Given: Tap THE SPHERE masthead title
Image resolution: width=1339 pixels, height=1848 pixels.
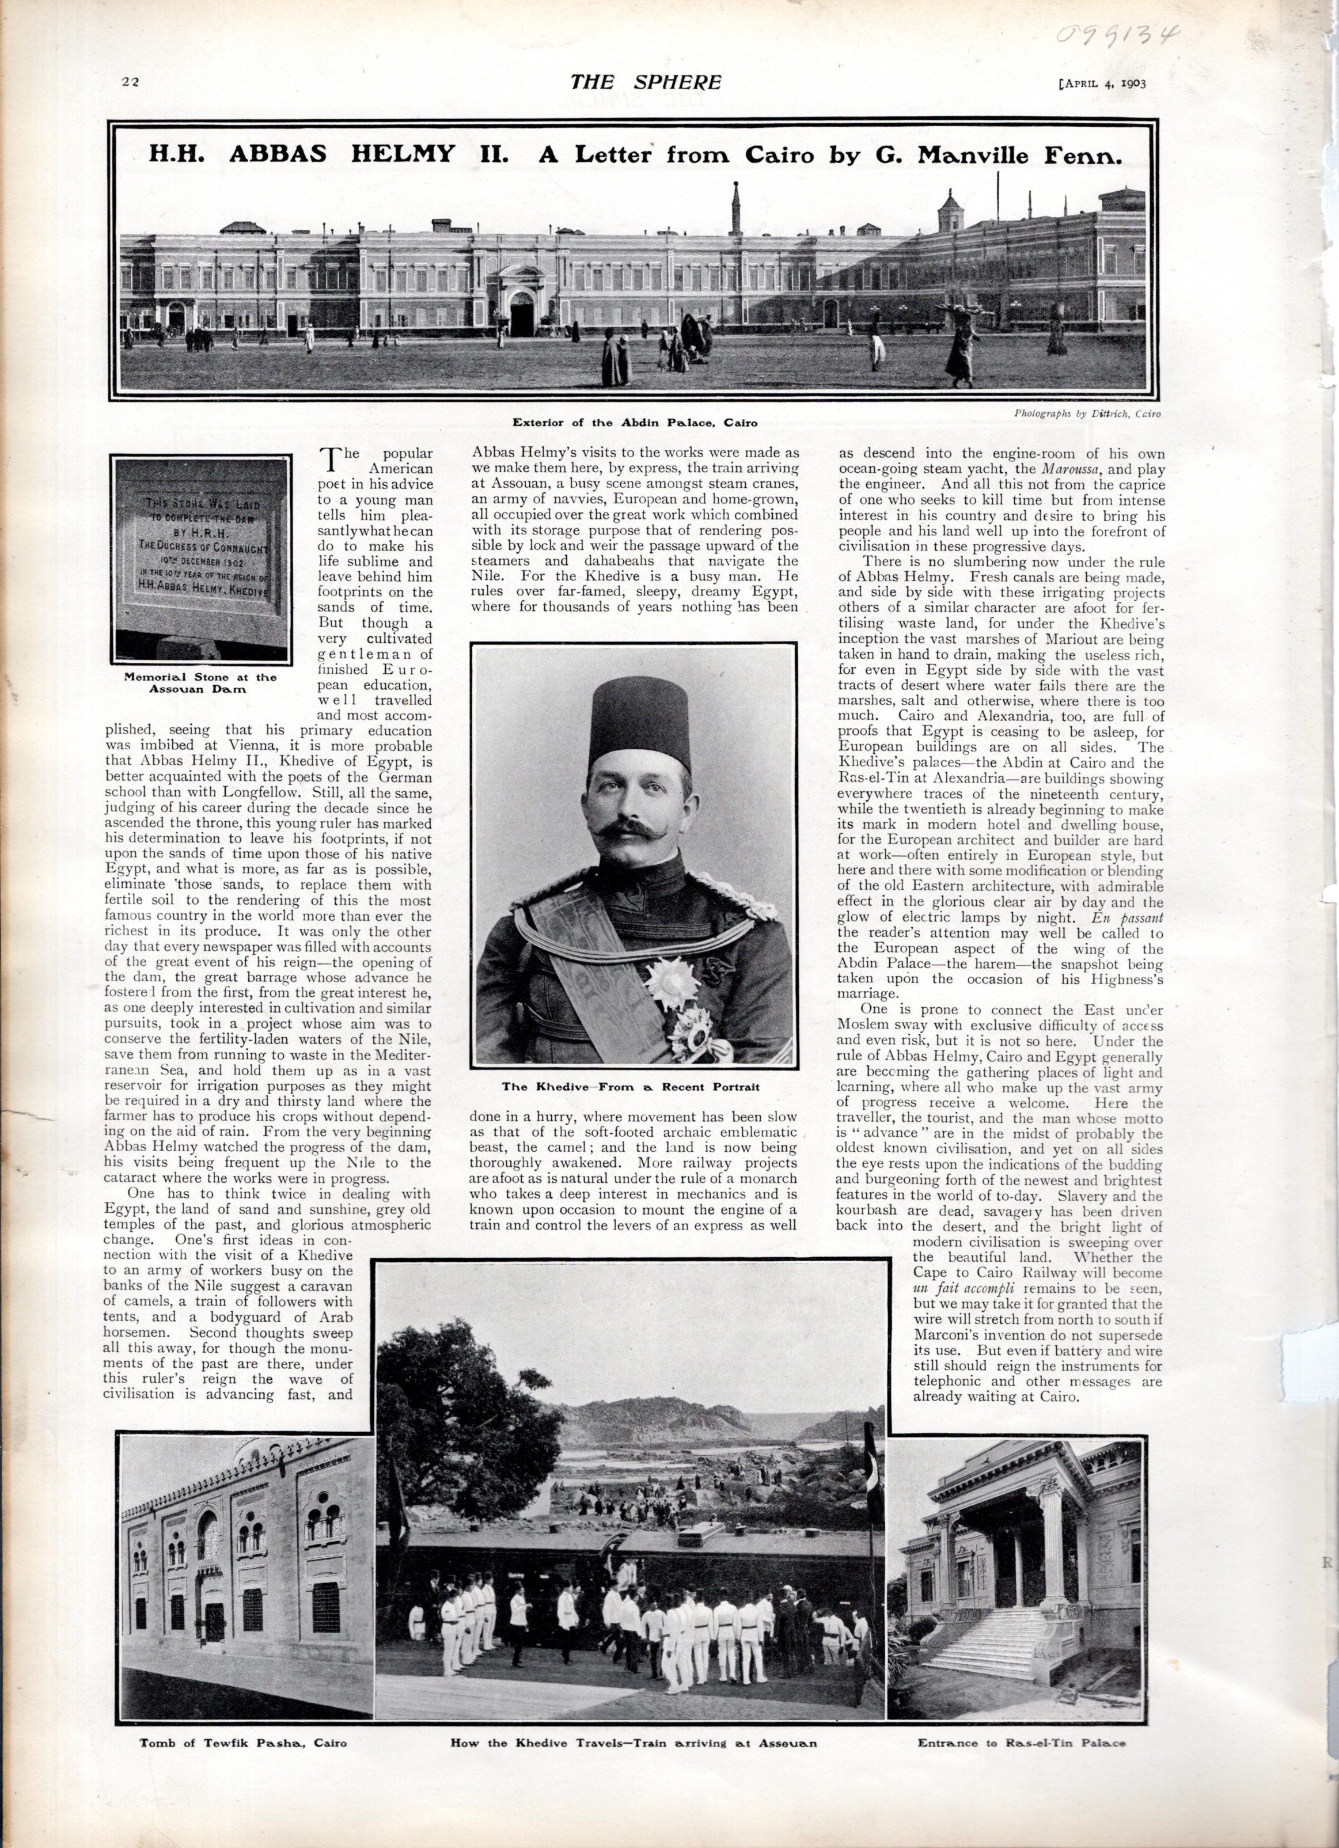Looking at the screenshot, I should coord(646,82).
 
